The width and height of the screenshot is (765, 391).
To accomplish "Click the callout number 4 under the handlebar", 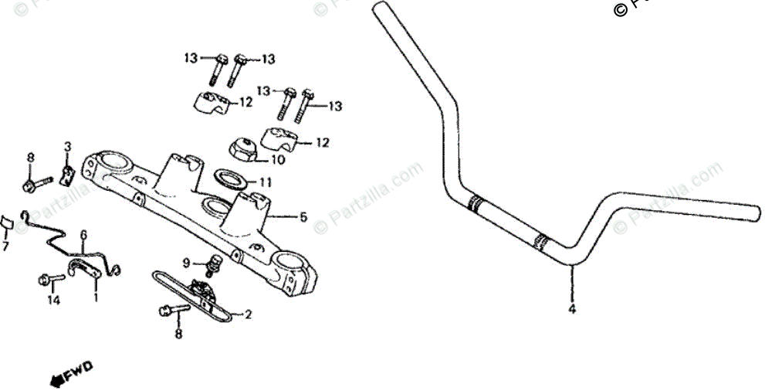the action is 572,311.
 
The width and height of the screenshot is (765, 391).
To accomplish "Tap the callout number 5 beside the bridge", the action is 303,218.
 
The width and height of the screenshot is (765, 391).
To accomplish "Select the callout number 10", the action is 277,160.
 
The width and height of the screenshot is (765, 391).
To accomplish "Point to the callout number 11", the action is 266,183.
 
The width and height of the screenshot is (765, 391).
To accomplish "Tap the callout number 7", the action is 5,246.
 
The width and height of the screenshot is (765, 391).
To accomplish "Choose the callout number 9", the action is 185,263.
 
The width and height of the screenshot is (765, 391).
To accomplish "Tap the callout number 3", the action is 67,146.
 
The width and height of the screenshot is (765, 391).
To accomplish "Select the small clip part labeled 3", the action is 68,174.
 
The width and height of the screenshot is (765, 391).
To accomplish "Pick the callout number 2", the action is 248,314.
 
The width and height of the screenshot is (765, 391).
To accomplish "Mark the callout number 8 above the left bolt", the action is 31,158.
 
